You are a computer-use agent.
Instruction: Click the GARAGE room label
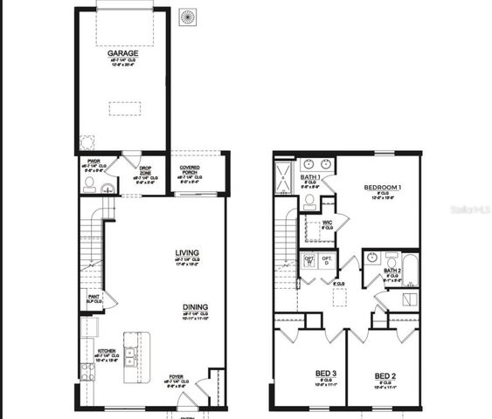pyautogui.click(x=122, y=53)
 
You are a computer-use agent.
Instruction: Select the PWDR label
pyautogui.click(x=93, y=161)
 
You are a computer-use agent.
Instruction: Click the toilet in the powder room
pyautogui.click(x=89, y=184)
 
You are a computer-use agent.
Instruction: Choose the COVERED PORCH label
pyautogui.click(x=191, y=169)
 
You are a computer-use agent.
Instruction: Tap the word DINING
pyautogui.click(x=195, y=307)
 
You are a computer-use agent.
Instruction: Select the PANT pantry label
pyautogui.click(x=93, y=296)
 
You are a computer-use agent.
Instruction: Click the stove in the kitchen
pyautogui.click(x=87, y=370)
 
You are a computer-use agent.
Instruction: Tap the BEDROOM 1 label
pyautogui.click(x=383, y=188)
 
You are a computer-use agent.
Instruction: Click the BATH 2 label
pyautogui.click(x=392, y=271)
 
